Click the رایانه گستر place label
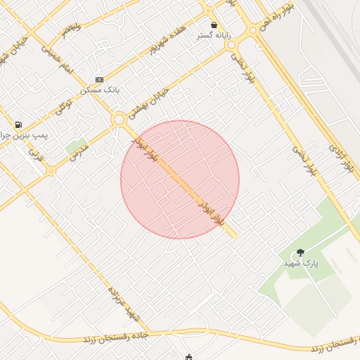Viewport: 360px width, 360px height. pos(214,35)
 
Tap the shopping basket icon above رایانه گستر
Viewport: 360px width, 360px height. pos(214,25)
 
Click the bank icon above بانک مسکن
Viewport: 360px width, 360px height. pos(99,79)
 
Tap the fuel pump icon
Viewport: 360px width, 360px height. pos(18,124)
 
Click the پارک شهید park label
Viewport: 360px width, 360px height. pos(301,262)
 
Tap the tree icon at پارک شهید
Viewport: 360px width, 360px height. pos(301,252)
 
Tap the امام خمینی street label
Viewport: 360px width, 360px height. pos(58,58)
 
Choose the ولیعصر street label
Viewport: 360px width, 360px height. pos(71,30)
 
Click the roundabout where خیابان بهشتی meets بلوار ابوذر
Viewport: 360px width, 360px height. pos(119,120)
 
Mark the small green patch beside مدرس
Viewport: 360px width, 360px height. pos(74,146)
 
